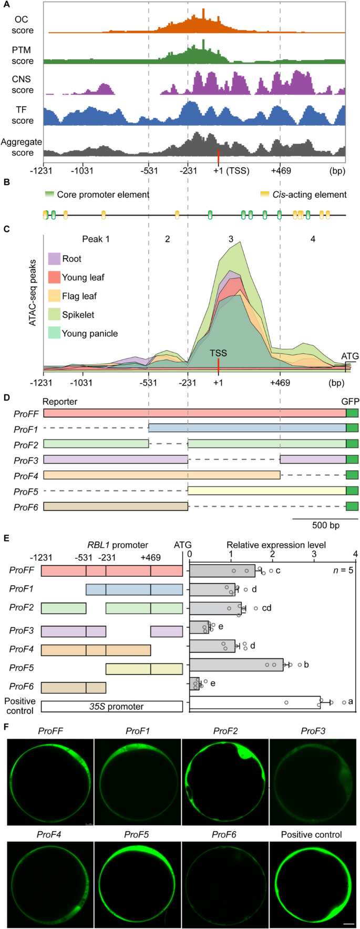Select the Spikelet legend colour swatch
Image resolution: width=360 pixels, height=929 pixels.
[55, 314]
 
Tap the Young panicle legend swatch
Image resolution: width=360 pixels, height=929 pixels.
[55, 333]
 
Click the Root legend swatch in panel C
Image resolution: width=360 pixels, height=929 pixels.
[55, 259]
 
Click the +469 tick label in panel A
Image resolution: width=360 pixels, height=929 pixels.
[281, 171]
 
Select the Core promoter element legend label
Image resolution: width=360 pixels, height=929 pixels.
[103, 195]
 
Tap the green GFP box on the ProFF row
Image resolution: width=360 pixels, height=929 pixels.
[352, 414]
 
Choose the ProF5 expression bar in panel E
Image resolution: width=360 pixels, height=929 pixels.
[236, 665]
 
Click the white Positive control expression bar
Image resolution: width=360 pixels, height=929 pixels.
[254, 702]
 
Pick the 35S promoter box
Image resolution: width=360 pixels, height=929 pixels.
[111, 706]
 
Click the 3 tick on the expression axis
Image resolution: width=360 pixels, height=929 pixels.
[314, 554]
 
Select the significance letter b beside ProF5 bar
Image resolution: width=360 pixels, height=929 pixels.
[306, 665]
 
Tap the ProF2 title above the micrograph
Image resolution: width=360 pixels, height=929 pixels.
[225, 731]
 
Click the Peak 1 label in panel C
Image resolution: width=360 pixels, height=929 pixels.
[96, 239]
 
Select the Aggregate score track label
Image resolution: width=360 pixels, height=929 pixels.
[22, 147]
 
